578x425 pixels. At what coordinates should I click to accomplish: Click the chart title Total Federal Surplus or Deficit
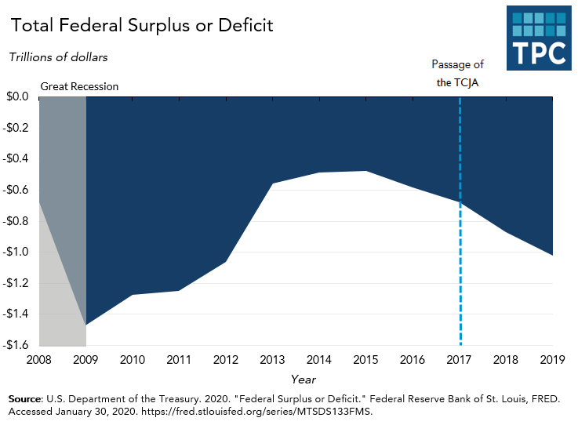coord(141,25)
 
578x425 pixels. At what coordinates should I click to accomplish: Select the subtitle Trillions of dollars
coord(58,57)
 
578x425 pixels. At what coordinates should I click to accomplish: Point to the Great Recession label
coord(79,86)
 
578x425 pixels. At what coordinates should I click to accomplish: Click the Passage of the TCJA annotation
coord(460,74)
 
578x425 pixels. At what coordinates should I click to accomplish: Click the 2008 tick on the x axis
coord(39,360)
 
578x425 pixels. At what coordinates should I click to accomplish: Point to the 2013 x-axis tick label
coord(273,360)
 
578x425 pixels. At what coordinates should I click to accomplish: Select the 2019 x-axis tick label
coord(553,360)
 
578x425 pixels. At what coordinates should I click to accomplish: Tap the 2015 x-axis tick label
coord(366,360)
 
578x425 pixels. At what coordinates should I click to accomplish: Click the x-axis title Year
coord(304,379)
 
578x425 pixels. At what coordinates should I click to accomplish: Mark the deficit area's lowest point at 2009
coord(86,325)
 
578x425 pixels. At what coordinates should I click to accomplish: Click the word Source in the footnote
coord(24,399)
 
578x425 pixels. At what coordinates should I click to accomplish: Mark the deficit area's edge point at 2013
coord(273,183)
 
